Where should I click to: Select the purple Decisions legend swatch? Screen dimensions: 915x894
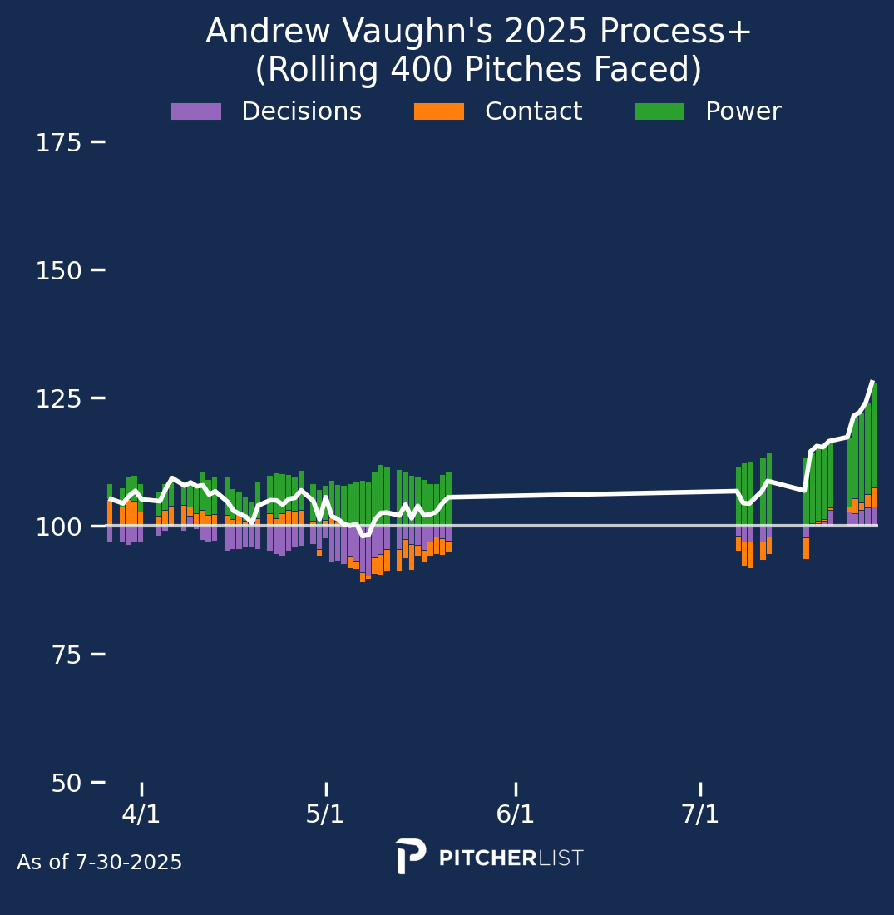(196, 111)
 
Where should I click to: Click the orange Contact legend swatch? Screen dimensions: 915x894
(439, 111)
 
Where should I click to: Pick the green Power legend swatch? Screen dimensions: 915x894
(659, 111)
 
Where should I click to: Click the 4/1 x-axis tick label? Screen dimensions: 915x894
(141, 814)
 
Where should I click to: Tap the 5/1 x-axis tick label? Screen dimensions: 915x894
(325, 814)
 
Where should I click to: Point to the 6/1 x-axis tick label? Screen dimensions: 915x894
(516, 814)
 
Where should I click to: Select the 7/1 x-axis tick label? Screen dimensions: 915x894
(700, 814)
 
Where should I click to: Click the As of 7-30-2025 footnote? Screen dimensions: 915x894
(100, 863)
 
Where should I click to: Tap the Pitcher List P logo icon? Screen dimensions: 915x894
(411, 856)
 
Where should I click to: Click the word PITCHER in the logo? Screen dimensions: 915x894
(487, 858)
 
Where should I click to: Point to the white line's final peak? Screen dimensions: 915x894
(872, 382)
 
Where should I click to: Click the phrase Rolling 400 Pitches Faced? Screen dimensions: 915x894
(478, 71)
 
